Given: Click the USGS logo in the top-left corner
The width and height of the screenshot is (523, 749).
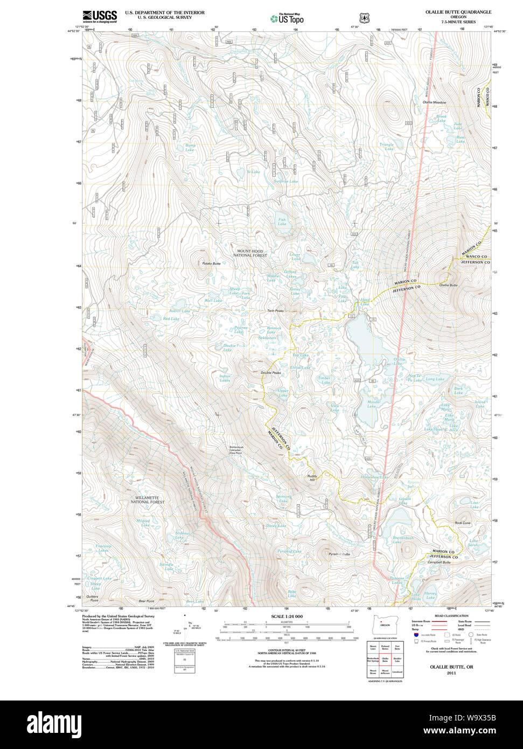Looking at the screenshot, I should pyautogui.click(x=100, y=16).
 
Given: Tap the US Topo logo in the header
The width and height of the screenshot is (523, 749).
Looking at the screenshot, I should pyautogui.click(x=287, y=18).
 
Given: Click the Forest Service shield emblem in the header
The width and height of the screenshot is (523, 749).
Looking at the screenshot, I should pyautogui.click(x=364, y=17).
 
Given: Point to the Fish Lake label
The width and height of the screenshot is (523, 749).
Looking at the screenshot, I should pyautogui.click(x=282, y=221).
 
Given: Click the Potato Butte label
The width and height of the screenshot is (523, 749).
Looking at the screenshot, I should pyautogui.click(x=211, y=263).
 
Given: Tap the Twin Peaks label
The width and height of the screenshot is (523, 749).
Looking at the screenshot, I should pyautogui.click(x=275, y=311).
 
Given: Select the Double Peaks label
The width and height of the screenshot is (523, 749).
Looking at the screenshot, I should pyautogui.click(x=270, y=372).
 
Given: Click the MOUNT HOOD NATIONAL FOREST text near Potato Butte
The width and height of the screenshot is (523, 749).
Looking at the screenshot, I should pyautogui.click(x=251, y=253).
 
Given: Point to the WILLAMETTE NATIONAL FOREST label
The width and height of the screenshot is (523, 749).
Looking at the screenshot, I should pyautogui.click(x=148, y=500).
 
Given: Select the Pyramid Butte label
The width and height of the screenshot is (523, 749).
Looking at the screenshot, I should pyautogui.click(x=339, y=554).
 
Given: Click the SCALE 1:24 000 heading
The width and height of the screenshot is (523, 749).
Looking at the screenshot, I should pyautogui.click(x=287, y=616).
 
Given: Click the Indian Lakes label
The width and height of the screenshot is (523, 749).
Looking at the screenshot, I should pyautogui.click(x=225, y=378).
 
